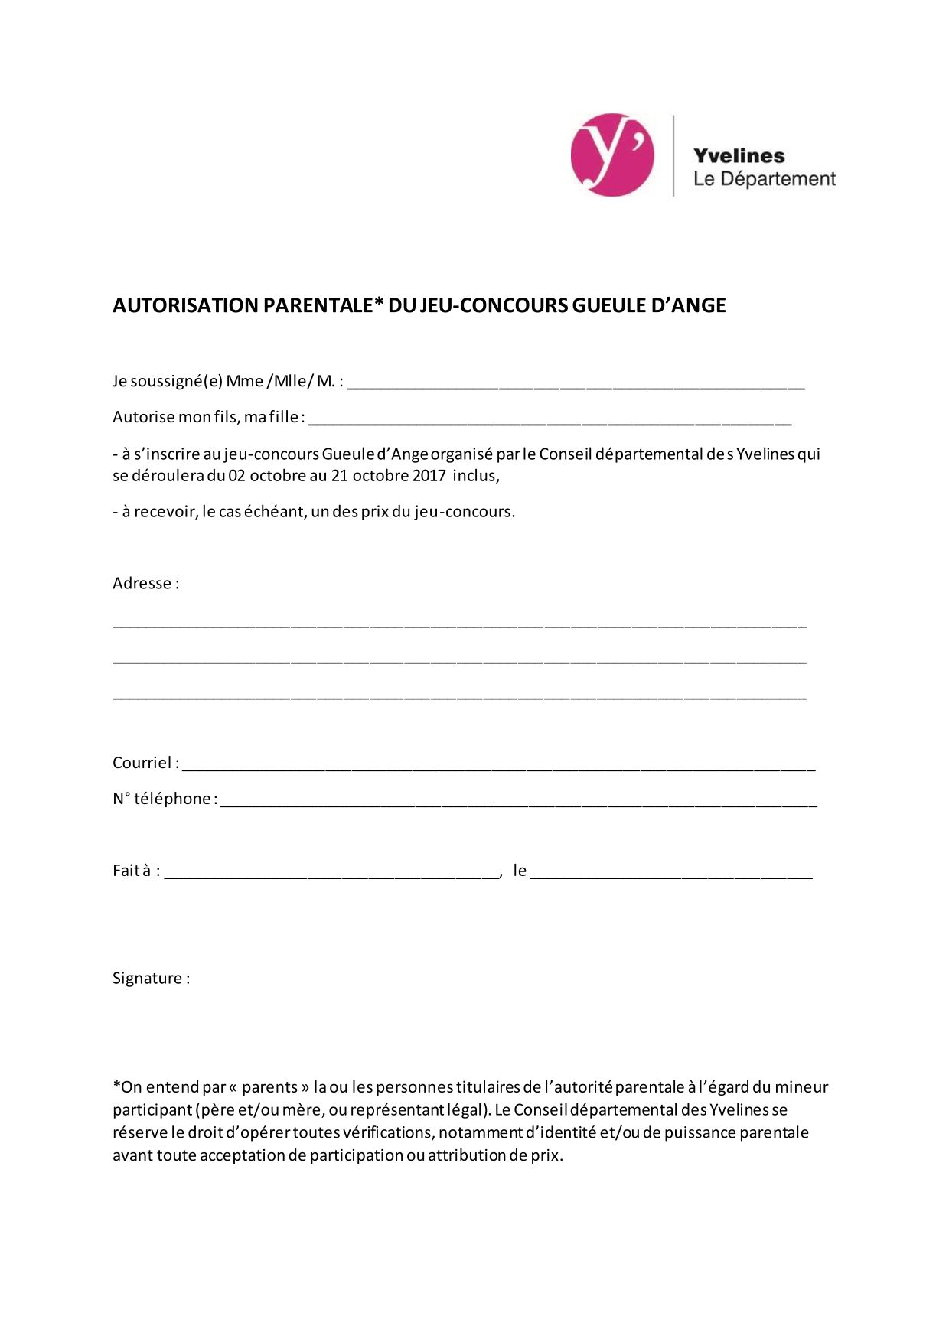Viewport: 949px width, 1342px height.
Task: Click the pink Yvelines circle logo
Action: tap(612, 155)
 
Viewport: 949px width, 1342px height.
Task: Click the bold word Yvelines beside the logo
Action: tap(739, 156)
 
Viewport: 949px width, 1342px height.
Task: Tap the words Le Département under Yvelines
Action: tap(764, 179)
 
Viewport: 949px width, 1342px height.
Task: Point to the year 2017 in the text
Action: tap(429, 475)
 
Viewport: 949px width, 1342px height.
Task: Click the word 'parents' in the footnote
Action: tap(269, 1087)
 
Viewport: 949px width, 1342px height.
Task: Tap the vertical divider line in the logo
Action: tap(673, 155)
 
